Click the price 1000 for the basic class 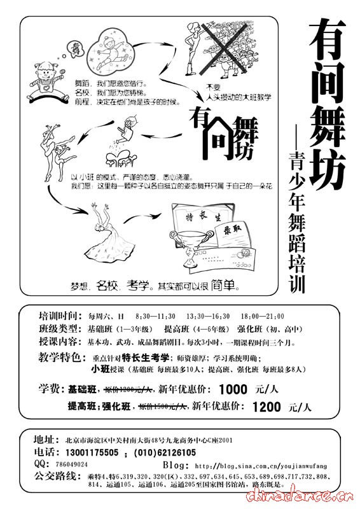coord(232,390)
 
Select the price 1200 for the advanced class coord(267,406)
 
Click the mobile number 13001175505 coord(93,452)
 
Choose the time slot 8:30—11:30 coord(156,316)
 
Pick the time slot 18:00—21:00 coord(262,316)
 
